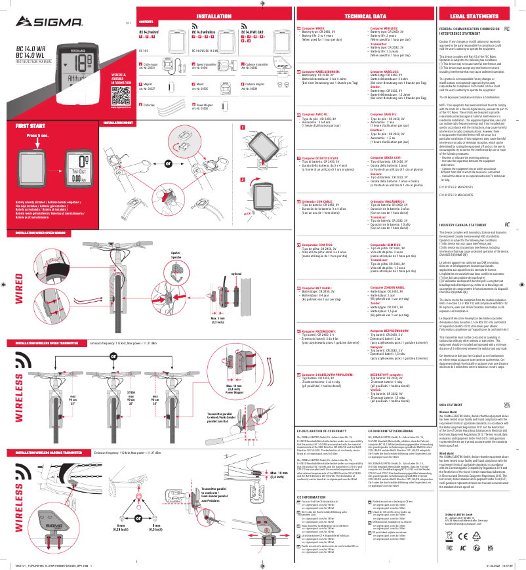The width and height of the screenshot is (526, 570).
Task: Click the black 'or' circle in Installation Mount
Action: pyautogui.click(x=169, y=162)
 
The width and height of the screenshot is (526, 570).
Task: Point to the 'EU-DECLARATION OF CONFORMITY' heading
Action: pyautogui.click(x=327, y=449)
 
